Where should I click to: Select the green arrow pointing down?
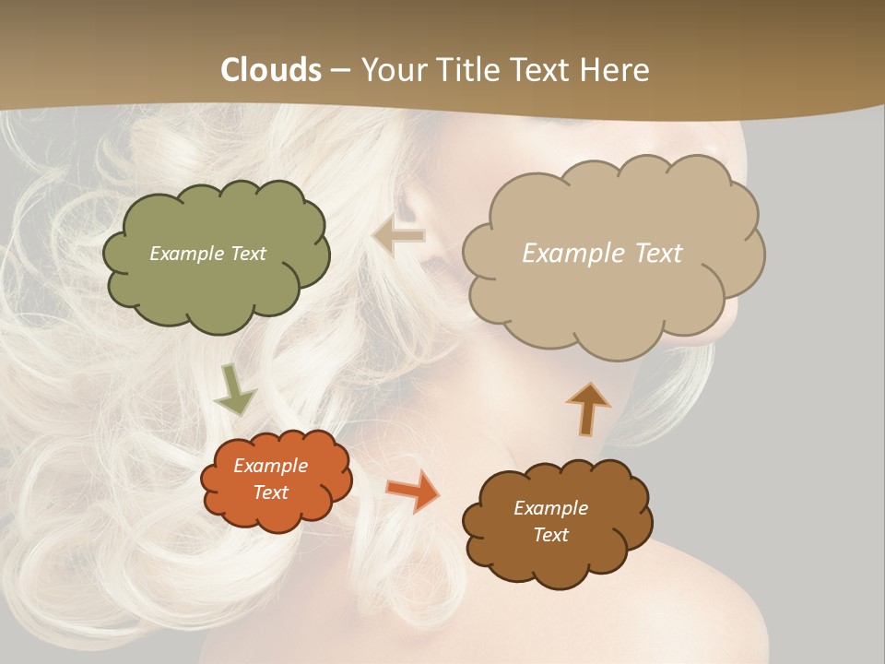pyautogui.click(x=234, y=389)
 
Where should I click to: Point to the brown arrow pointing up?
pyautogui.click(x=587, y=407)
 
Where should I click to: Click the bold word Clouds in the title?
pyautogui.click(x=272, y=70)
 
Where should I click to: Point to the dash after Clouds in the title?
pyautogui.click(x=340, y=71)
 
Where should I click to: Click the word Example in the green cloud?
pyautogui.click(x=185, y=254)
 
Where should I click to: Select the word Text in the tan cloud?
pyautogui.click(x=653, y=254)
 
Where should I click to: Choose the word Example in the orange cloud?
pyautogui.click(x=271, y=466)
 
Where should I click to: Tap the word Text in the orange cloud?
pyautogui.click(x=271, y=492)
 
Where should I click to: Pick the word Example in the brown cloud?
pyautogui.click(x=550, y=508)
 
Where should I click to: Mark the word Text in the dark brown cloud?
pyautogui.click(x=550, y=535)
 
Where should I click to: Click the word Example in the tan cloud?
pyautogui.click(x=572, y=254)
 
